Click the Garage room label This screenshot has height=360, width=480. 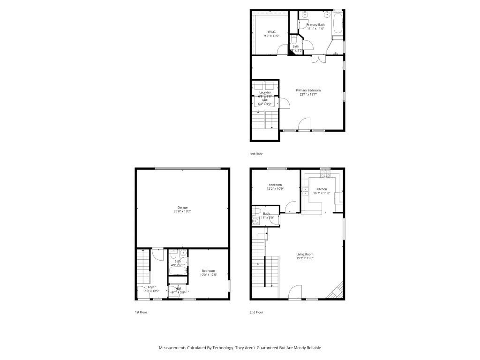pos(182,207)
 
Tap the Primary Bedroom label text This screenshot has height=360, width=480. pos(308,90)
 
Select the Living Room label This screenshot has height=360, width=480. pos(305,254)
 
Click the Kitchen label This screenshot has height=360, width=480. pos(322,189)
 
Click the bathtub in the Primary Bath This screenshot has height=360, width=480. pos(337,23)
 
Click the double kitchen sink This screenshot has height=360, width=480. pos(304,191)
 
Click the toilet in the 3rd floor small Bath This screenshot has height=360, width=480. pos(294,40)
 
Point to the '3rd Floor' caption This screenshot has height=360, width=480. pos(256,154)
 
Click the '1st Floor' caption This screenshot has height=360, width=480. pos(141,312)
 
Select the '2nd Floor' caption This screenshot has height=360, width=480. pos(256,312)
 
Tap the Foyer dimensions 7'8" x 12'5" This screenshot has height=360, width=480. pos(151,291)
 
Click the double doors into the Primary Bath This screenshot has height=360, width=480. pos(317,59)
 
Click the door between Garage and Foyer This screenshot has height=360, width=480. pos(157,254)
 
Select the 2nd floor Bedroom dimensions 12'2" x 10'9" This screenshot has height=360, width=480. pos(275,189)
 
